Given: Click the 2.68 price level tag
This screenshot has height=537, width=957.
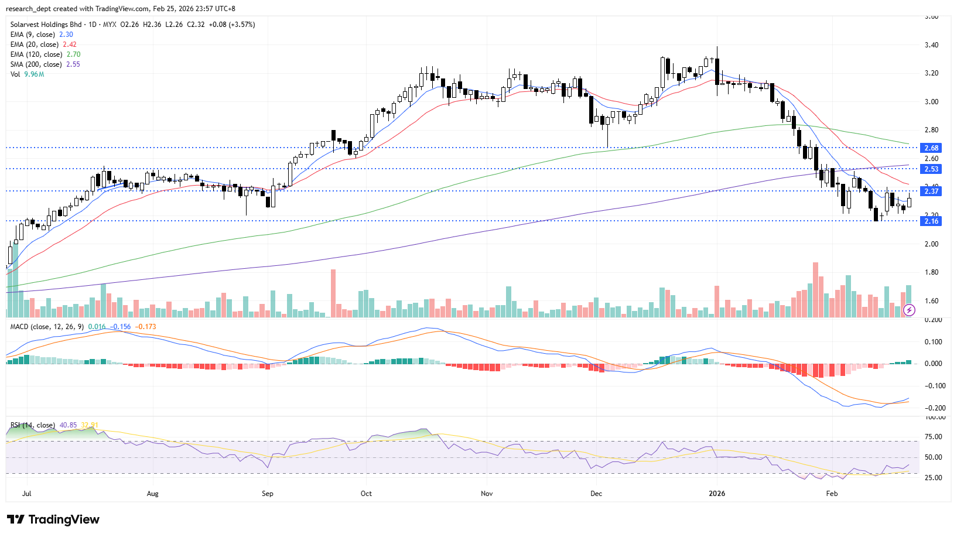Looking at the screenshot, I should tap(931, 148).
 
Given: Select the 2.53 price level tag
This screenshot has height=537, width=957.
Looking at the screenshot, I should tap(931, 169).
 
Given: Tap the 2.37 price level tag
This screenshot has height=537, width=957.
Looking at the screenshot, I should tap(931, 191).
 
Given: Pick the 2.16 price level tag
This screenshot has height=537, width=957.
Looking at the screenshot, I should tap(931, 221).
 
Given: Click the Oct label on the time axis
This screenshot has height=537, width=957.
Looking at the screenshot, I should tap(366, 494).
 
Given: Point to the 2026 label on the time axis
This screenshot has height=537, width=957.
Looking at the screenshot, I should tap(717, 494).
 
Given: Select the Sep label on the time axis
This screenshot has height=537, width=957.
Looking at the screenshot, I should tap(268, 494).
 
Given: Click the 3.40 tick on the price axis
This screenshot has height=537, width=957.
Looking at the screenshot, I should tap(931, 45).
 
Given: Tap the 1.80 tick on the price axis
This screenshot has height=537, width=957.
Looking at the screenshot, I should tap(931, 272).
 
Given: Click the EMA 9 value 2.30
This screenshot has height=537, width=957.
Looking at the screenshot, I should tap(66, 35).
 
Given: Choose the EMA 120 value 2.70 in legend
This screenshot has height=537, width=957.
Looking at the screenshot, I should tap(73, 54).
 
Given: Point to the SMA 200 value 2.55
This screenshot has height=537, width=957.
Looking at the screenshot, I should tap(73, 64).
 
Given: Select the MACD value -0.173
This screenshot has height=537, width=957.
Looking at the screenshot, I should tap(145, 327).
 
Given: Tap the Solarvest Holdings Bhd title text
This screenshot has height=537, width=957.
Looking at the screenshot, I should tap(46, 25).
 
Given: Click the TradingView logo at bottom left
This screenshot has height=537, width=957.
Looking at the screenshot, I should tap(53, 519).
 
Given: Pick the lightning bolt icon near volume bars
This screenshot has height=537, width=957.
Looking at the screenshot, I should tap(909, 310).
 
